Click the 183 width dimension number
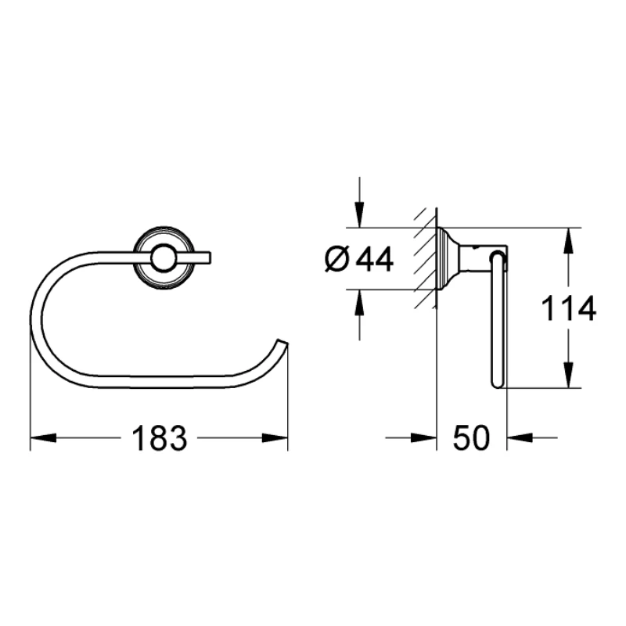[160, 439]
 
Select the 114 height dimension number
[570, 309]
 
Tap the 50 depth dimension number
[472, 439]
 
